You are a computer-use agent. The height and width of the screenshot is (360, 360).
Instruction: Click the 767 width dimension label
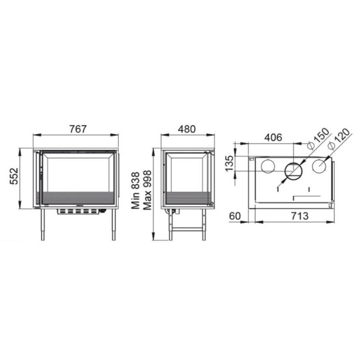[78, 129]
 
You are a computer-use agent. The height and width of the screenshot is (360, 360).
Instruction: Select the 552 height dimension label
[14, 176]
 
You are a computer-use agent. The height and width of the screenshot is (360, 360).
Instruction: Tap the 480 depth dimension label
[187, 129]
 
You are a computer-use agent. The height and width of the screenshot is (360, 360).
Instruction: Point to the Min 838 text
[135, 190]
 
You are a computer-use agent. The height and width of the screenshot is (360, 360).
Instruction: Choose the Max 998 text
[147, 190]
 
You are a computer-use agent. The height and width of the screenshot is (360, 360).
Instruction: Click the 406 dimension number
[273, 138]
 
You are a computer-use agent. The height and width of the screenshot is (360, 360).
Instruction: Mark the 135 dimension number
[229, 163]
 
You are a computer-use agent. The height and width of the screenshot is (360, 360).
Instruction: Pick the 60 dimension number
[235, 216]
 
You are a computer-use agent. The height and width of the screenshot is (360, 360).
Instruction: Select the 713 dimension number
[300, 216]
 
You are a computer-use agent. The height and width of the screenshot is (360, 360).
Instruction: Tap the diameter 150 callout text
[319, 139]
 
